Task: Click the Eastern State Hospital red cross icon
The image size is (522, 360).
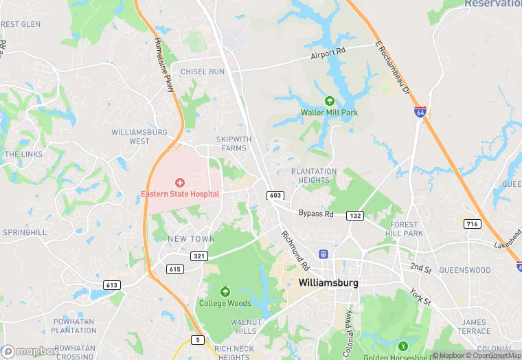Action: (x=180, y=182)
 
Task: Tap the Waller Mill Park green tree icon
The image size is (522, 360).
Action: (x=330, y=102)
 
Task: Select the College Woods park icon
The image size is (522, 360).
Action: (x=225, y=291)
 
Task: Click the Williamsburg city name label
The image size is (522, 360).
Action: (x=329, y=282)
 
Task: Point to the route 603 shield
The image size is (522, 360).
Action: (x=275, y=196)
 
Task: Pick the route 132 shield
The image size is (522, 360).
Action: (x=355, y=216)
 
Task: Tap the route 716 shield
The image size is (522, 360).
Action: (x=472, y=224)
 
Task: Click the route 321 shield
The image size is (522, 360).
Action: (x=199, y=256)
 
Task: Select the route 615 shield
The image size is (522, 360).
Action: (x=175, y=269)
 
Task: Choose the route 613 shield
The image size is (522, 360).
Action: (x=112, y=284)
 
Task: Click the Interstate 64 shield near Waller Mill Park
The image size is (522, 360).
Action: (x=420, y=111)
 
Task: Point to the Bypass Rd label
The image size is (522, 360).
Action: (x=316, y=214)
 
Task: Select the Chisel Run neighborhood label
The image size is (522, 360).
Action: (x=203, y=71)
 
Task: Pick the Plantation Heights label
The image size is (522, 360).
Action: (x=314, y=176)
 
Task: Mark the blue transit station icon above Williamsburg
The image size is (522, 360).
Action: (x=323, y=254)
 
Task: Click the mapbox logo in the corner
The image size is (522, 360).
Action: (x=31, y=351)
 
